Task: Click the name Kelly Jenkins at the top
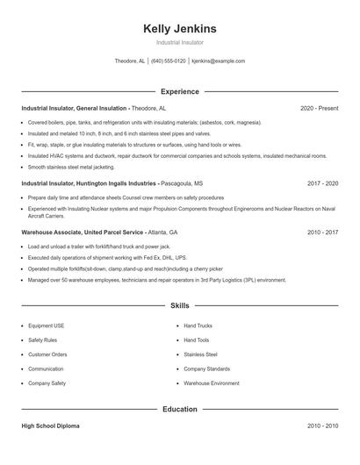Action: click(179, 29)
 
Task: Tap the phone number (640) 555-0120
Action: click(169, 61)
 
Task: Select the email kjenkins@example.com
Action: click(218, 61)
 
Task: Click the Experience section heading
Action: click(179, 91)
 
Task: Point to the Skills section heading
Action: click(179, 306)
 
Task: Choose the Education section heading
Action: click(179, 409)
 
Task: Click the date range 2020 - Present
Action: click(319, 108)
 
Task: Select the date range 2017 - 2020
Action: click(322, 184)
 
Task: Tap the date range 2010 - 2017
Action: click(322, 232)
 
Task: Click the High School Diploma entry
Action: click(50, 426)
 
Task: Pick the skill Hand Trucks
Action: click(198, 325)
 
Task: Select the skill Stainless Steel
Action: click(200, 354)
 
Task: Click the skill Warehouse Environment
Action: click(211, 383)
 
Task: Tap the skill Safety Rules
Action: click(43, 340)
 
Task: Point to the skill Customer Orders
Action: click(47, 354)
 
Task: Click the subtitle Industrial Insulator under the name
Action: click(179, 42)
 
